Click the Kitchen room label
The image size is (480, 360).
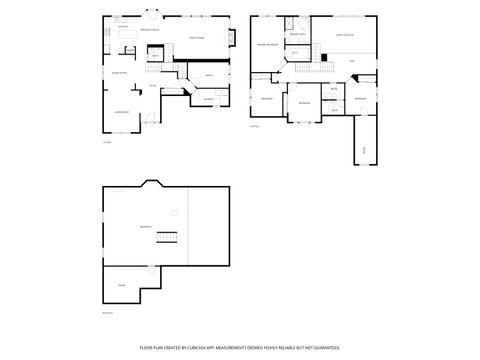123,26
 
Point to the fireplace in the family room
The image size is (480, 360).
233,38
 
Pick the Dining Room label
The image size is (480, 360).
119,73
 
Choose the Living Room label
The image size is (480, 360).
121,111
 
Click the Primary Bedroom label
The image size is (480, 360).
267,45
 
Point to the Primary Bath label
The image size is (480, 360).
297,35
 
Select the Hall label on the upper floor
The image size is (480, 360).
352,61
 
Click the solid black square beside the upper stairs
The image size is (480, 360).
324,57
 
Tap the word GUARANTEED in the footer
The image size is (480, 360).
327,347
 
